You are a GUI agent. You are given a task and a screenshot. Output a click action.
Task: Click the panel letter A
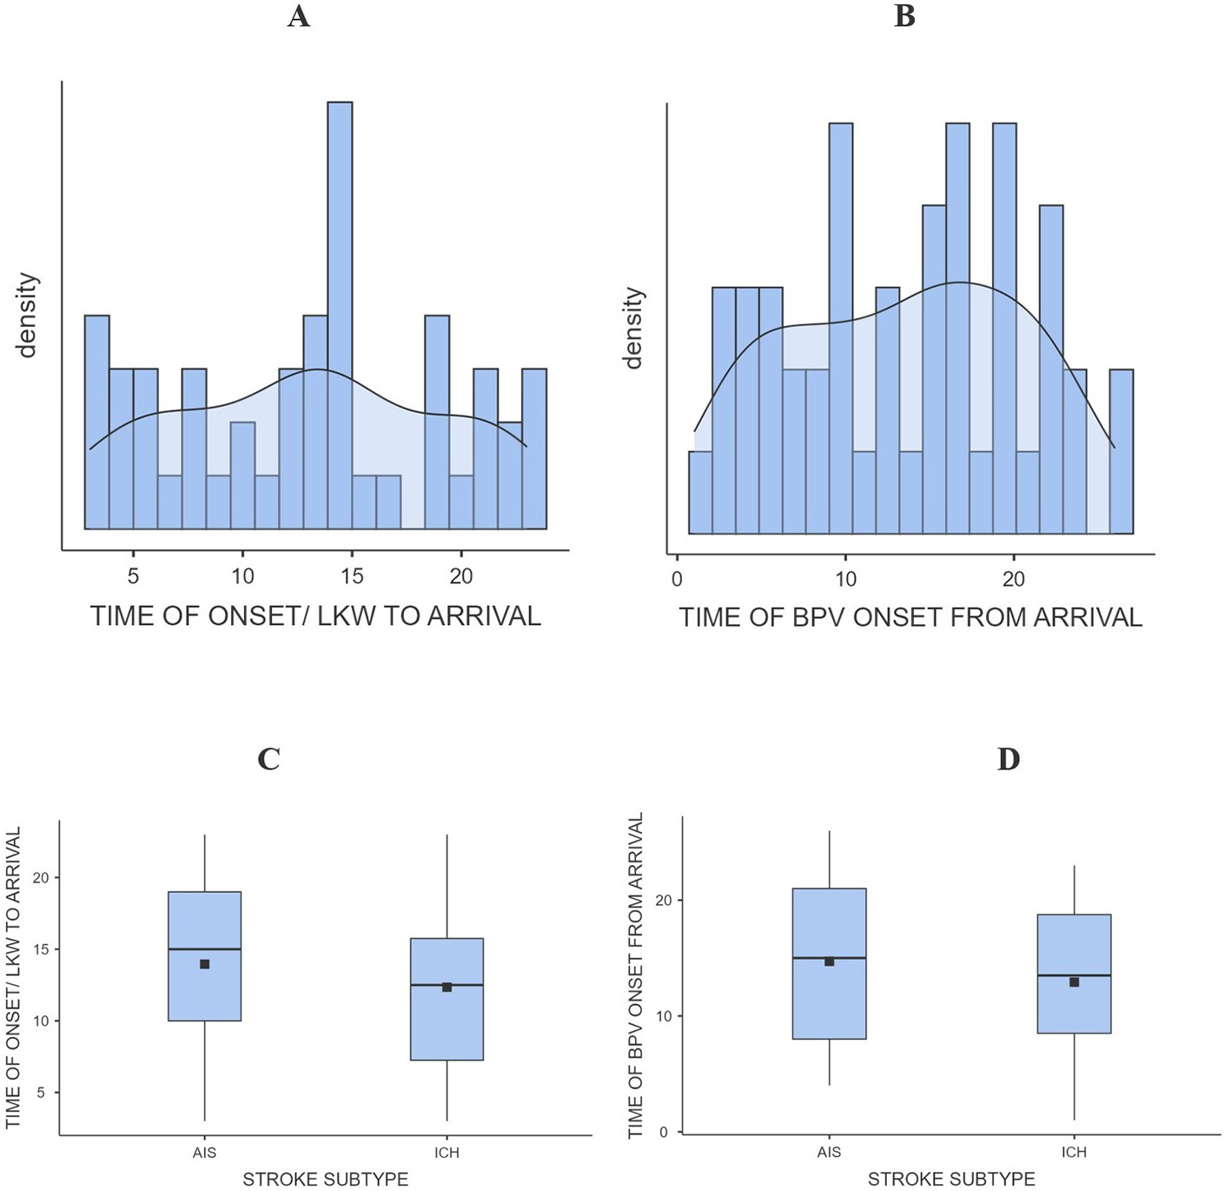[298, 17]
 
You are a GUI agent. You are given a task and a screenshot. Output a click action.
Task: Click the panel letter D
[1008, 759]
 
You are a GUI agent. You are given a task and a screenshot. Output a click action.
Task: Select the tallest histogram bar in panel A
[340, 313]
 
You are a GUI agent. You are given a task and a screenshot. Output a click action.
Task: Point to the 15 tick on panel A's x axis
[352, 576]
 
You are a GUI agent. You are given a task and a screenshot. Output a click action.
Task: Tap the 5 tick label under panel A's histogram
[133, 576]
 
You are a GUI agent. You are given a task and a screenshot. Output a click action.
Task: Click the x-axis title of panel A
[315, 616]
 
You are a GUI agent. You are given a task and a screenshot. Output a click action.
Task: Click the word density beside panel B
[634, 329]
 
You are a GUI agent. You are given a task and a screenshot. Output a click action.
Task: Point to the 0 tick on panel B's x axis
[677, 579]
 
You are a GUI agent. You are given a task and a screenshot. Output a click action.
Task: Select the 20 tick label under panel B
[1013, 579]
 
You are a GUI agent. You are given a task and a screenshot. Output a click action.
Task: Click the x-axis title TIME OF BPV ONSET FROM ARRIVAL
[910, 618]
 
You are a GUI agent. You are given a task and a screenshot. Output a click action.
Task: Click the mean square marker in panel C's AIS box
[205, 964]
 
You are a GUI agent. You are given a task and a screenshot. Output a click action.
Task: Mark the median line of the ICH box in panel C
[447, 985]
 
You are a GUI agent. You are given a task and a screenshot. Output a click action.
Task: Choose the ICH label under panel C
[447, 1153]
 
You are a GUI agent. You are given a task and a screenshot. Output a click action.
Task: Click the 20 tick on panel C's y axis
[41, 878]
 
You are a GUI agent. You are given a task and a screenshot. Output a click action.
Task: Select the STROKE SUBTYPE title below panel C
[325, 1179]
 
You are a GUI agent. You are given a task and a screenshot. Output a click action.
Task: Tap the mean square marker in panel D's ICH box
[1074, 982]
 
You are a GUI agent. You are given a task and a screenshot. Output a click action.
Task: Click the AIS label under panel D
[829, 1152]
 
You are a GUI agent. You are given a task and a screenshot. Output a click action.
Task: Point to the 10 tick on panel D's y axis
[664, 1016]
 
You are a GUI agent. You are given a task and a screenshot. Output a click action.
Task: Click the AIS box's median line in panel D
[829, 958]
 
